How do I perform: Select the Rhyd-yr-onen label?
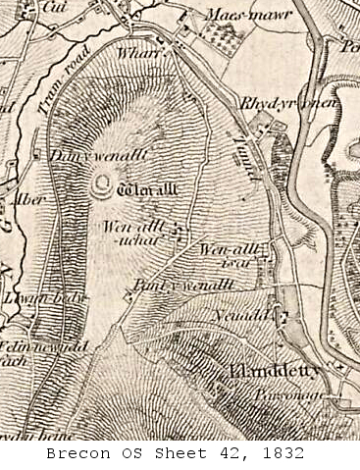click(x=276, y=103)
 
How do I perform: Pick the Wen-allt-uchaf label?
click(x=124, y=232)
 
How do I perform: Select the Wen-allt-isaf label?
click(x=227, y=254)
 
